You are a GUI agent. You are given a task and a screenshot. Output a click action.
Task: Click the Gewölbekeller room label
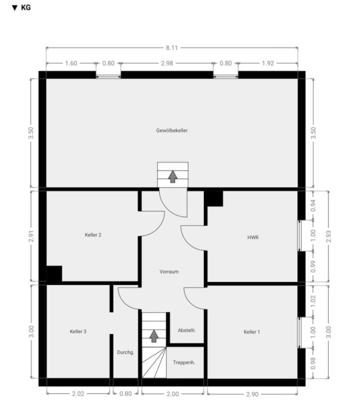click(x=172, y=131)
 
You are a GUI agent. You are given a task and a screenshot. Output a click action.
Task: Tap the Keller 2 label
click(x=93, y=235)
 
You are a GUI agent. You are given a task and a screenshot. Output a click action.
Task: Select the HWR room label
click(x=253, y=237)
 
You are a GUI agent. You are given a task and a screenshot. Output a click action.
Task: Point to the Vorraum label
click(x=169, y=272)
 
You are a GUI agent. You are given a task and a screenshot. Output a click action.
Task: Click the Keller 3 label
click(x=78, y=331)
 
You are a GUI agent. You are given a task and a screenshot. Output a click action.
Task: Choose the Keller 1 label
click(x=251, y=332)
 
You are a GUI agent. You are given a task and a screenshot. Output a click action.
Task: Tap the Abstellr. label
click(x=186, y=330)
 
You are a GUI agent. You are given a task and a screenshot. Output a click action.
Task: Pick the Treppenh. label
click(x=184, y=362)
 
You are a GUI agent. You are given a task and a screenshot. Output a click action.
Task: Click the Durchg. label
click(x=125, y=352)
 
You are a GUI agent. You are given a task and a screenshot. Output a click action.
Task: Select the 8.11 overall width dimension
click(x=172, y=48)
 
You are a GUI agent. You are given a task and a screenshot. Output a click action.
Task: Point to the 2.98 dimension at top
click(x=167, y=64)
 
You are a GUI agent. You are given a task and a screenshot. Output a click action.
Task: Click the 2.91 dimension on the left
click(x=31, y=236)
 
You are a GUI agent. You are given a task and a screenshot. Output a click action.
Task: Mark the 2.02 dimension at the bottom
click(x=78, y=394)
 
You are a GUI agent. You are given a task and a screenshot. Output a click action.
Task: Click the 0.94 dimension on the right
click(x=313, y=206)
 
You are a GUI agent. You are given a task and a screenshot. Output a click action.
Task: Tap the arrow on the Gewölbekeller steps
click(x=173, y=177)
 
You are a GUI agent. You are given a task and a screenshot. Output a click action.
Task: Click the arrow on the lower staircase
click(x=154, y=336)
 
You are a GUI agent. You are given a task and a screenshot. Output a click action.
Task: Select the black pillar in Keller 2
click(x=55, y=274)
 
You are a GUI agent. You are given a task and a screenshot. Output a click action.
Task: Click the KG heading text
click(x=26, y=7)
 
